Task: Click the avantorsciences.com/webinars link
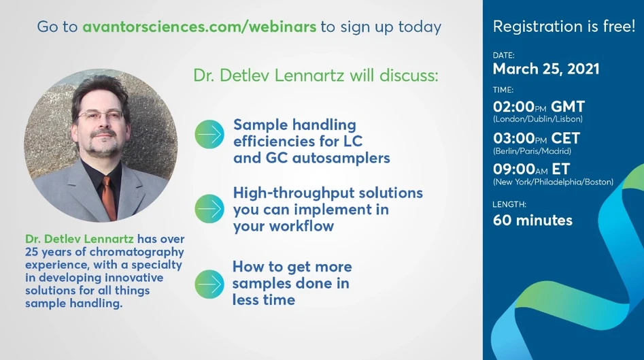coord(199,27)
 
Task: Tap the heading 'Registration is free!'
coord(564,27)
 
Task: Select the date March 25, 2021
coord(546,69)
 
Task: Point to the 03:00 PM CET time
coord(537,138)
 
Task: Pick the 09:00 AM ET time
coord(531,169)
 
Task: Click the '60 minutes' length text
coord(532,220)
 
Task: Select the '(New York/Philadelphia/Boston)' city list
coord(553,182)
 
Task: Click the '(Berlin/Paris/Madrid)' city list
coord(532,151)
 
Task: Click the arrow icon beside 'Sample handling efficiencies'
coord(209,134)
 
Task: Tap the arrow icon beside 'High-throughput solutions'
coord(209,209)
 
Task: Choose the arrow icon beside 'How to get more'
coord(209,283)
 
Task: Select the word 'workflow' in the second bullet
coord(300,226)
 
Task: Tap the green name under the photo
coord(80,240)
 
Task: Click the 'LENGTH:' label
coord(509,204)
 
